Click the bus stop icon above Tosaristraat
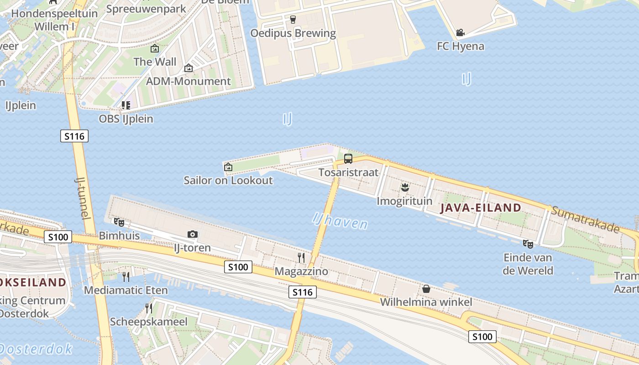[348, 159]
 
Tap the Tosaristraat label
[349, 172]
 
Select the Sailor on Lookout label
[228, 180]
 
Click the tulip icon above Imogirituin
[404, 187]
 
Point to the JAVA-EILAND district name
[481, 208]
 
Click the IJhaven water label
[340, 221]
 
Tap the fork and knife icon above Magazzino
[301, 258]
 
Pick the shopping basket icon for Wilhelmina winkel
[426, 289]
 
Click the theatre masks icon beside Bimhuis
[119, 222]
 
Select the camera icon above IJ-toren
[193, 235]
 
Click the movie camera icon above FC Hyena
[460, 33]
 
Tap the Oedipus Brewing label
[293, 33]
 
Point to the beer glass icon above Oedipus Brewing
[293, 20]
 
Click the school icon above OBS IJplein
[126, 105]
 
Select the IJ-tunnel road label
[81, 198]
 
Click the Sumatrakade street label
[585, 219]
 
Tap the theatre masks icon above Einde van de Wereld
[528, 244]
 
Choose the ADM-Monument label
[189, 82]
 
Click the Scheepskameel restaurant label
[149, 322]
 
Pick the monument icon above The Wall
[155, 48]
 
